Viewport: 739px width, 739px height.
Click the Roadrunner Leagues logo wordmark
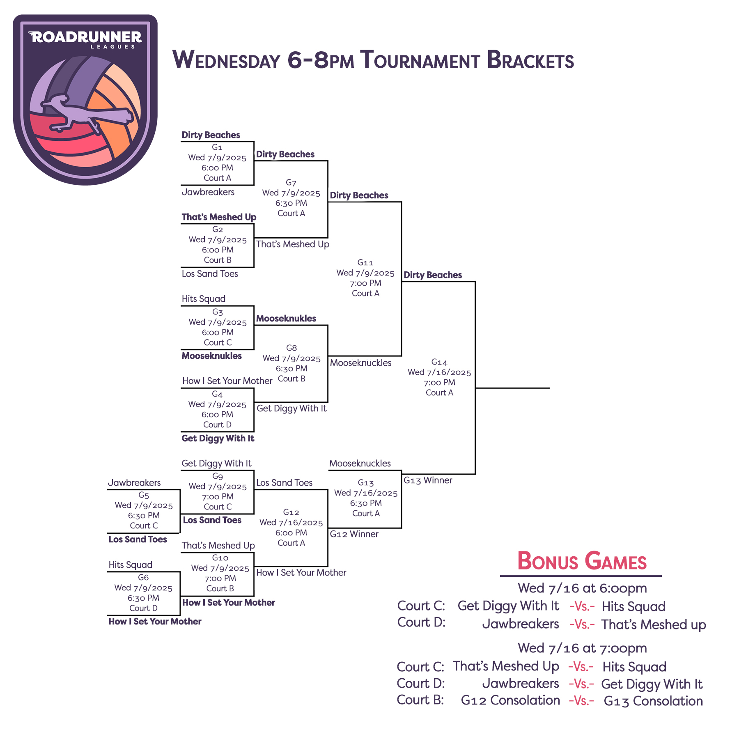[85, 39]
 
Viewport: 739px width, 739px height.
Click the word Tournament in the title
[420, 60]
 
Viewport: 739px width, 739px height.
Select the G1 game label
[217, 147]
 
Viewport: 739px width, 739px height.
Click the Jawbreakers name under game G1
[208, 192]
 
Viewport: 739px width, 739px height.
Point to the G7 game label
[291, 183]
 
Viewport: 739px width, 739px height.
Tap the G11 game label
[365, 262]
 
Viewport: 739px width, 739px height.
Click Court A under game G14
[439, 392]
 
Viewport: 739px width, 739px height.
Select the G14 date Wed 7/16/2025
[439, 372]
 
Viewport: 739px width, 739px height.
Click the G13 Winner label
[428, 480]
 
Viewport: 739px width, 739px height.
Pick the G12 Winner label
[354, 534]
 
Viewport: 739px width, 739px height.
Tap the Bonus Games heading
[582, 561]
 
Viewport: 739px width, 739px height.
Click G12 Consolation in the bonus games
[510, 700]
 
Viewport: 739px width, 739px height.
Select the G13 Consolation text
[653, 701]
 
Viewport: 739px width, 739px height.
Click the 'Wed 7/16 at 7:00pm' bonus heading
[582, 648]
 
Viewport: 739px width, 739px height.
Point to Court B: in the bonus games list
[420, 700]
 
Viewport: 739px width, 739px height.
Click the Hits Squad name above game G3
[204, 299]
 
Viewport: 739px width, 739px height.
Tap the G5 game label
[144, 496]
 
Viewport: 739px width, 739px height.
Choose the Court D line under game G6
[143, 608]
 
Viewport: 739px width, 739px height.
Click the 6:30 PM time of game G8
[291, 369]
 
